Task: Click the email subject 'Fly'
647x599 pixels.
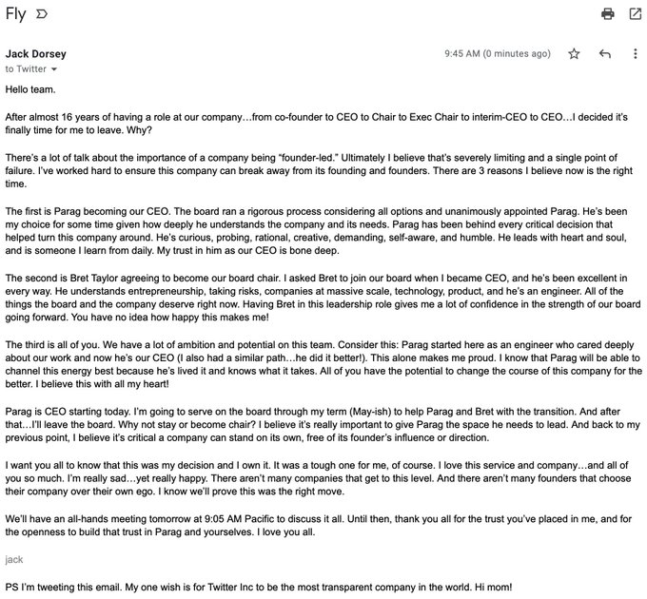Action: (x=15, y=13)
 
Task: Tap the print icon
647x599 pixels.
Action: (x=607, y=14)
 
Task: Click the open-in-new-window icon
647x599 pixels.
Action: (x=635, y=14)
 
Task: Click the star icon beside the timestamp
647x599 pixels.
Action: (x=574, y=54)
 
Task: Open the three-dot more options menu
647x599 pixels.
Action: (x=635, y=54)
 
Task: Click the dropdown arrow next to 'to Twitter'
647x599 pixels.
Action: (x=54, y=70)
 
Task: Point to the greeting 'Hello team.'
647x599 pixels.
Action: (x=30, y=89)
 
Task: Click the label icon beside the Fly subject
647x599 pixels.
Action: (x=42, y=14)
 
